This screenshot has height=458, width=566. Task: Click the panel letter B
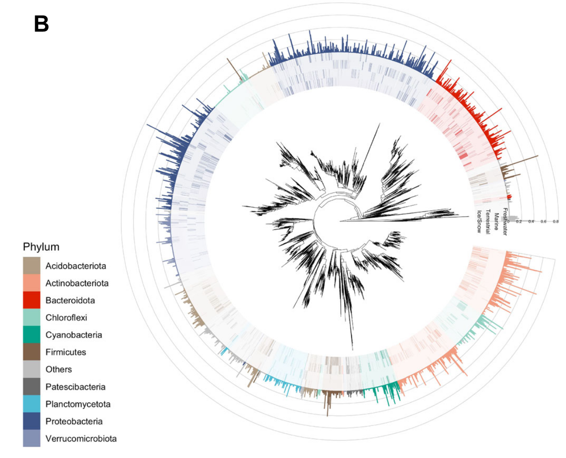click(x=42, y=24)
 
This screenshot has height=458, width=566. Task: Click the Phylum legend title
click(x=41, y=247)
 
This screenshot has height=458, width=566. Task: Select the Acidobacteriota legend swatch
click(x=31, y=266)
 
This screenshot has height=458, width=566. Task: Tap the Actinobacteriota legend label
click(x=77, y=283)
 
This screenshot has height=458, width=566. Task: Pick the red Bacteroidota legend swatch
click(x=31, y=300)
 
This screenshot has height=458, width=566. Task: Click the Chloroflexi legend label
click(x=66, y=318)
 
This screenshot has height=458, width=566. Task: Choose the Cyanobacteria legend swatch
click(x=31, y=335)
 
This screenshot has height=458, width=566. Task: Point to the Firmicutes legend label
click(x=66, y=352)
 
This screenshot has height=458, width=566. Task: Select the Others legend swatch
click(x=31, y=369)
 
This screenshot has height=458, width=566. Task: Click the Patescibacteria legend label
click(x=75, y=387)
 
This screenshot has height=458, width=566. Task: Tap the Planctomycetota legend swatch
click(x=31, y=404)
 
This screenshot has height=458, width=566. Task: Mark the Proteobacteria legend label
click(x=74, y=421)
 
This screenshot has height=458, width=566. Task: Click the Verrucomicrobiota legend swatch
click(x=31, y=438)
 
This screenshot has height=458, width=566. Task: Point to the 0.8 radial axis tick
click(x=556, y=222)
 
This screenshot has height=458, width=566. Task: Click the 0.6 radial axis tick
click(x=543, y=222)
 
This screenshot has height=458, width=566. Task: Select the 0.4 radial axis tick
click(x=531, y=222)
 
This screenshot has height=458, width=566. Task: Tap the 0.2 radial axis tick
click(x=519, y=222)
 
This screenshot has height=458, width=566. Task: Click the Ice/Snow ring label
click(x=479, y=222)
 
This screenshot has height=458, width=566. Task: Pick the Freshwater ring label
click(x=505, y=222)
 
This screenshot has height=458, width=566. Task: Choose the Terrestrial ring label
click(x=488, y=222)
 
